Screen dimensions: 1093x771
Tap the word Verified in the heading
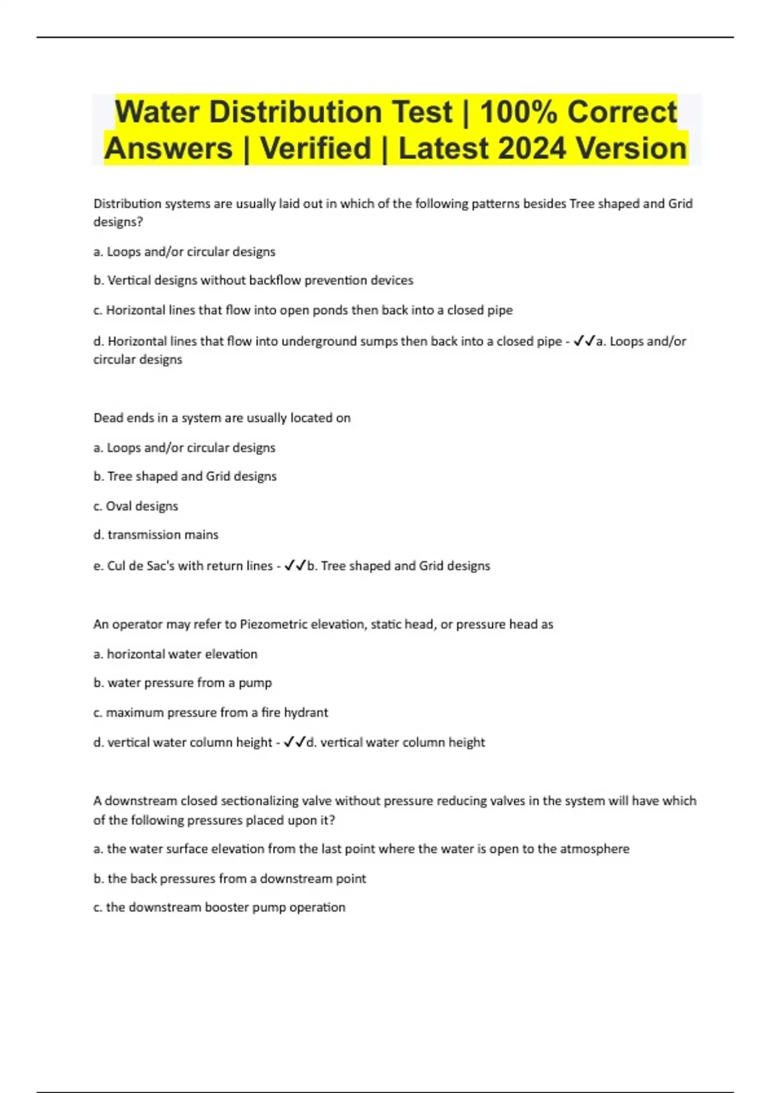pos(316,149)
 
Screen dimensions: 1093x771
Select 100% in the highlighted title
pos(518,112)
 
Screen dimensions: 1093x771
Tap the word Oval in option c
pos(118,506)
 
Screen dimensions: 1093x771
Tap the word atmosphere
pos(594,849)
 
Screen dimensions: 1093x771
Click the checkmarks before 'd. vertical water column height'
pos(294,743)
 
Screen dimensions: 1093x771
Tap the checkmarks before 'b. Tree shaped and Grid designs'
pos(295,566)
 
